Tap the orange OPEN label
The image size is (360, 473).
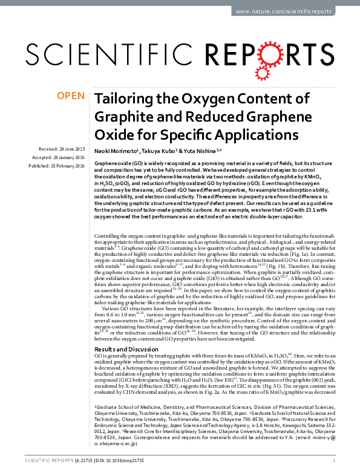[70, 96]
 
